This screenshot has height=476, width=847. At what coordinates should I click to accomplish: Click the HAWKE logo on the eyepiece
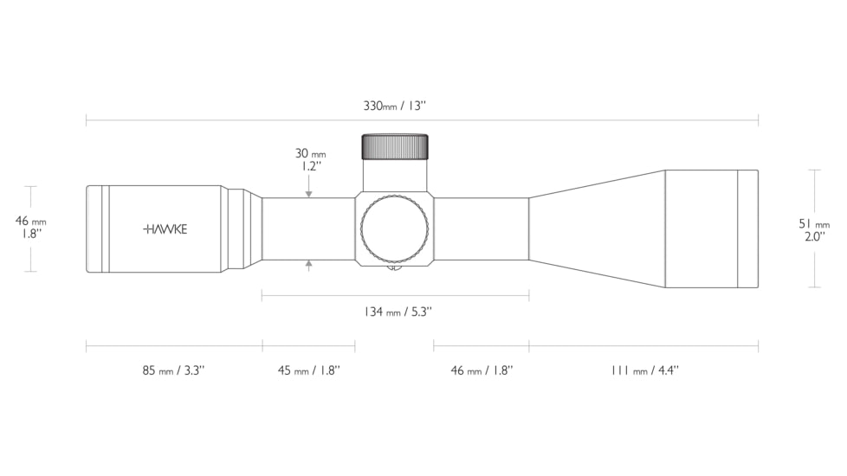point(165,229)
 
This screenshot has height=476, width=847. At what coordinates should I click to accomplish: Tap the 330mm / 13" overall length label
point(395,106)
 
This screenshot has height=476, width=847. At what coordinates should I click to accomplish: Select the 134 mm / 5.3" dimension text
point(398,312)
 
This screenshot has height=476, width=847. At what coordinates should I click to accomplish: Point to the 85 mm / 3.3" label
point(173,370)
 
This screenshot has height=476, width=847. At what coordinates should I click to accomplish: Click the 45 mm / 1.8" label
point(308,370)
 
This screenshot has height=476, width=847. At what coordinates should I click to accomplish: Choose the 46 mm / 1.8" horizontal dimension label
point(482,370)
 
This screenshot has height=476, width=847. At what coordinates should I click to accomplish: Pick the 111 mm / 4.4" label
point(643,370)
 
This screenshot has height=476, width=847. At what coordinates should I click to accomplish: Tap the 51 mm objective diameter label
point(814,230)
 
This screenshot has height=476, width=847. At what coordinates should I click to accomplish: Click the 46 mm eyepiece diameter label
point(31,228)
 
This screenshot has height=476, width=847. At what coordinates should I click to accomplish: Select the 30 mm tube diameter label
point(310,160)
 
